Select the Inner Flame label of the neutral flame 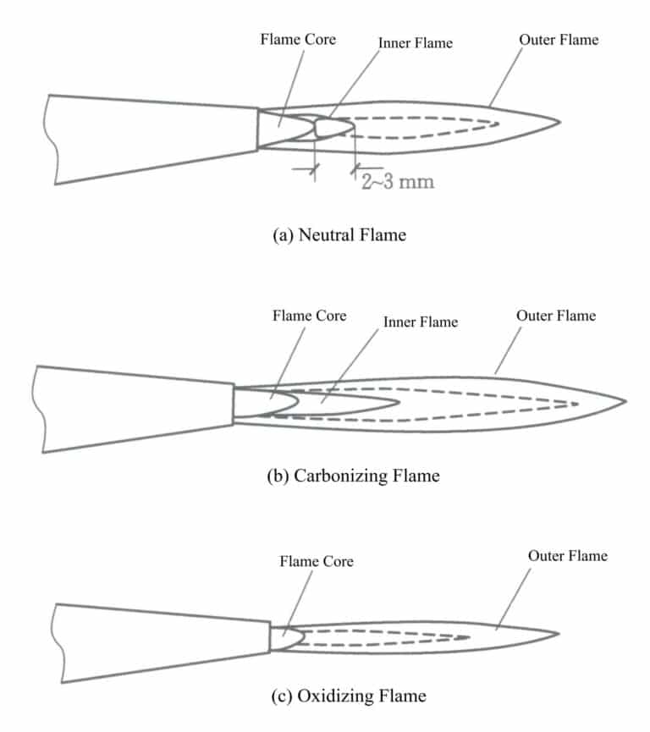[416, 42]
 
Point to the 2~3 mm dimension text [397, 180]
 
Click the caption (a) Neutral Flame [339, 234]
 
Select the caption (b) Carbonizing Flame [353, 475]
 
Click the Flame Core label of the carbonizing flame [309, 316]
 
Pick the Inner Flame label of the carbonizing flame [421, 322]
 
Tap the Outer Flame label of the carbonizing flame [555, 316]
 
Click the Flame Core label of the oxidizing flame [317, 561]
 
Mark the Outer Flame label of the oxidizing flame [568, 556]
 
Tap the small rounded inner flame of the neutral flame [333, 128]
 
